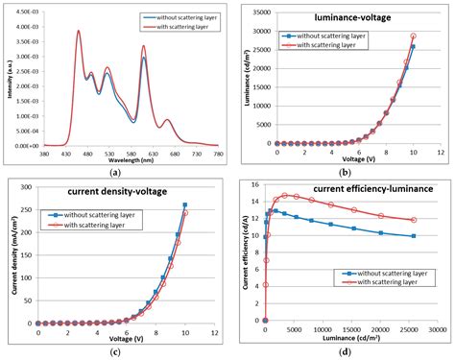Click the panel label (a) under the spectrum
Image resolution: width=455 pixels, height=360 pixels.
(115, 172)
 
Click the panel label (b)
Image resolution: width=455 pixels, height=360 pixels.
(342, 172)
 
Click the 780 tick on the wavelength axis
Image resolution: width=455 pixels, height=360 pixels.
(217, 154)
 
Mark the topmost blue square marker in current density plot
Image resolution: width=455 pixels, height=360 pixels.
(184, 204)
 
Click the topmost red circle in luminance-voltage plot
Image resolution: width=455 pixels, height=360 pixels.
(414, 36)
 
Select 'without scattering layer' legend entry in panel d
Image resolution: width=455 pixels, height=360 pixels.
(381, 273)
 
